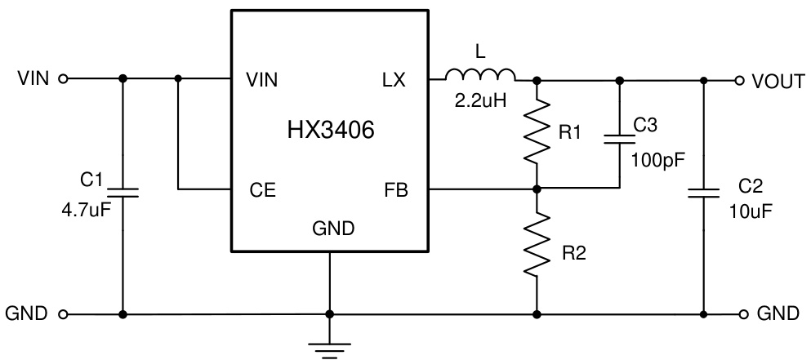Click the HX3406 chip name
[x=331, y=131]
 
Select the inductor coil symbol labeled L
[x=481, y=77]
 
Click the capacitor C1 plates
[x=123, y=193]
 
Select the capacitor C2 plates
[x=703, y=193]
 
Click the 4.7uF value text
[x=85, y=209]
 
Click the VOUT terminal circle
[x=740, y=80]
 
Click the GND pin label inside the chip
[x=333, y=229]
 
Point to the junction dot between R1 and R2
[x=537, y=189]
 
